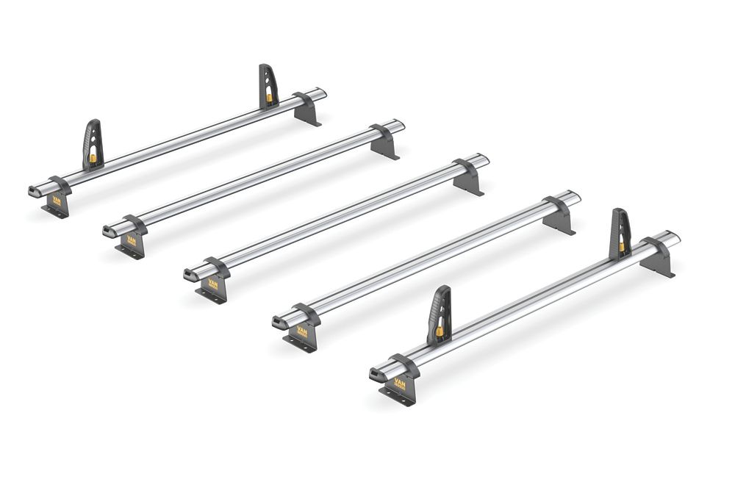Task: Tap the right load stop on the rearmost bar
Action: click(x=268, y=87)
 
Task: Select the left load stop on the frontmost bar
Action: click(x=440, y=315)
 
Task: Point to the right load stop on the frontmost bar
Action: click(x=620, y=234)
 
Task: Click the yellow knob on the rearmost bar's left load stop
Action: click(x=94, y=157)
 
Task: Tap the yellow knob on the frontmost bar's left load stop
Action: click(x=440, y=331)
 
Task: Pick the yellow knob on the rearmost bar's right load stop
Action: click(x=270, y=97)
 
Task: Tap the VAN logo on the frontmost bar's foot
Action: click(x=400, y=383)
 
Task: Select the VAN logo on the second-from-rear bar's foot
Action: click(x=132, y=240)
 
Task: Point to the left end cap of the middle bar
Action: click(x=190, y=274)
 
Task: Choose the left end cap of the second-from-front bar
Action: click(x=279, y=323)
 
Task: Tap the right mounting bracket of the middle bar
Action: click(x=468, y=177)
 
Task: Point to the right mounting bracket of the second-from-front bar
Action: click(x=559, y=215)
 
